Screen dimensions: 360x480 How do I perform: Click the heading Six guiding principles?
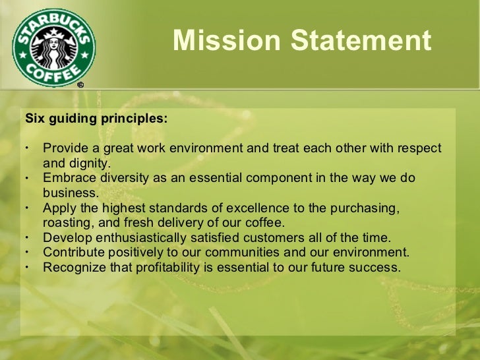pyautogui.click(x=96, y=119)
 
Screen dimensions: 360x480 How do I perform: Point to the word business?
pyautogui.click(x=70, y=193)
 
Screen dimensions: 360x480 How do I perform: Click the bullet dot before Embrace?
pyautogui.click(x=27, y=178)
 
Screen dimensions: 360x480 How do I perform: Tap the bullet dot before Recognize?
pyautogui.click(x=27, y=268)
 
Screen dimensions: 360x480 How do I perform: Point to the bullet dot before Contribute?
pyautogui.click(x=27, y=253)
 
